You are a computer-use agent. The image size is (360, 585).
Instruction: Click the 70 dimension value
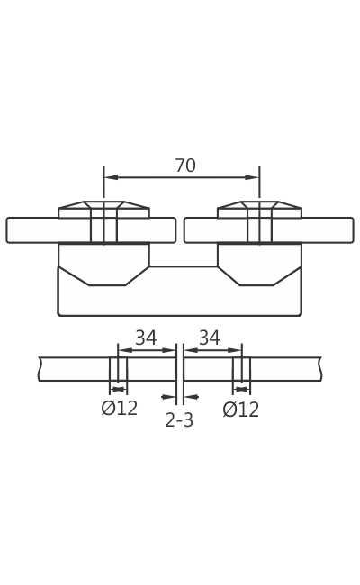pyautogui.click(x=185, y=166)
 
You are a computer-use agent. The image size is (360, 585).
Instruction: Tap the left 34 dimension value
pyautogui.click(x=146, y=338)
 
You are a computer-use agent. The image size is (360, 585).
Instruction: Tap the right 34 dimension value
pyautogui.click(x=210, y=338)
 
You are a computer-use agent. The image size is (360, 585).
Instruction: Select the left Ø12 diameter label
pyautogui.click(x=120, y=409)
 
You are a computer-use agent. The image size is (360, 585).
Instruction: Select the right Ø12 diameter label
pyautogui.click(x=241, y=410)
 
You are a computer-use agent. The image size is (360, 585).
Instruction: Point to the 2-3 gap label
pyautogui.click(x=179, y=420)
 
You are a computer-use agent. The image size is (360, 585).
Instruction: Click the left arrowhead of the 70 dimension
pyautogui.click(x=110, y=177)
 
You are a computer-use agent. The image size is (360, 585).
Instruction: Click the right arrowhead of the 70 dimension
pyautogui.click(x=254, y=177)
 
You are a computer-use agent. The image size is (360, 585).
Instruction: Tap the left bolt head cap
pyautogui.click(x=103, y=209)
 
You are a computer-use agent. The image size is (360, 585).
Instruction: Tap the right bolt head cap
pyautogui.click(x=259, y=209)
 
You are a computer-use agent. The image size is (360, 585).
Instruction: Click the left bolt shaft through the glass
pyautogui.click(x=103, y=229)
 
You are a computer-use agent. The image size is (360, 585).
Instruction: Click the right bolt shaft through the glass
pyautogui.click(x=259, y=229)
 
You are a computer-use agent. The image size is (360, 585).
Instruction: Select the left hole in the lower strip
pyautogui.click(x=118, y=369)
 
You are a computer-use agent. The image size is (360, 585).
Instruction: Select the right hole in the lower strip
pyautogui.click(x=241, y=369)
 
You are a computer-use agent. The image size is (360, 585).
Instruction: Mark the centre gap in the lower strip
pyautogui.click(x=180, y=369)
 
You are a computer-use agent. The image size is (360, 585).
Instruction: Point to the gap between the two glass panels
pyautogui.click(x=180, y=230)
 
